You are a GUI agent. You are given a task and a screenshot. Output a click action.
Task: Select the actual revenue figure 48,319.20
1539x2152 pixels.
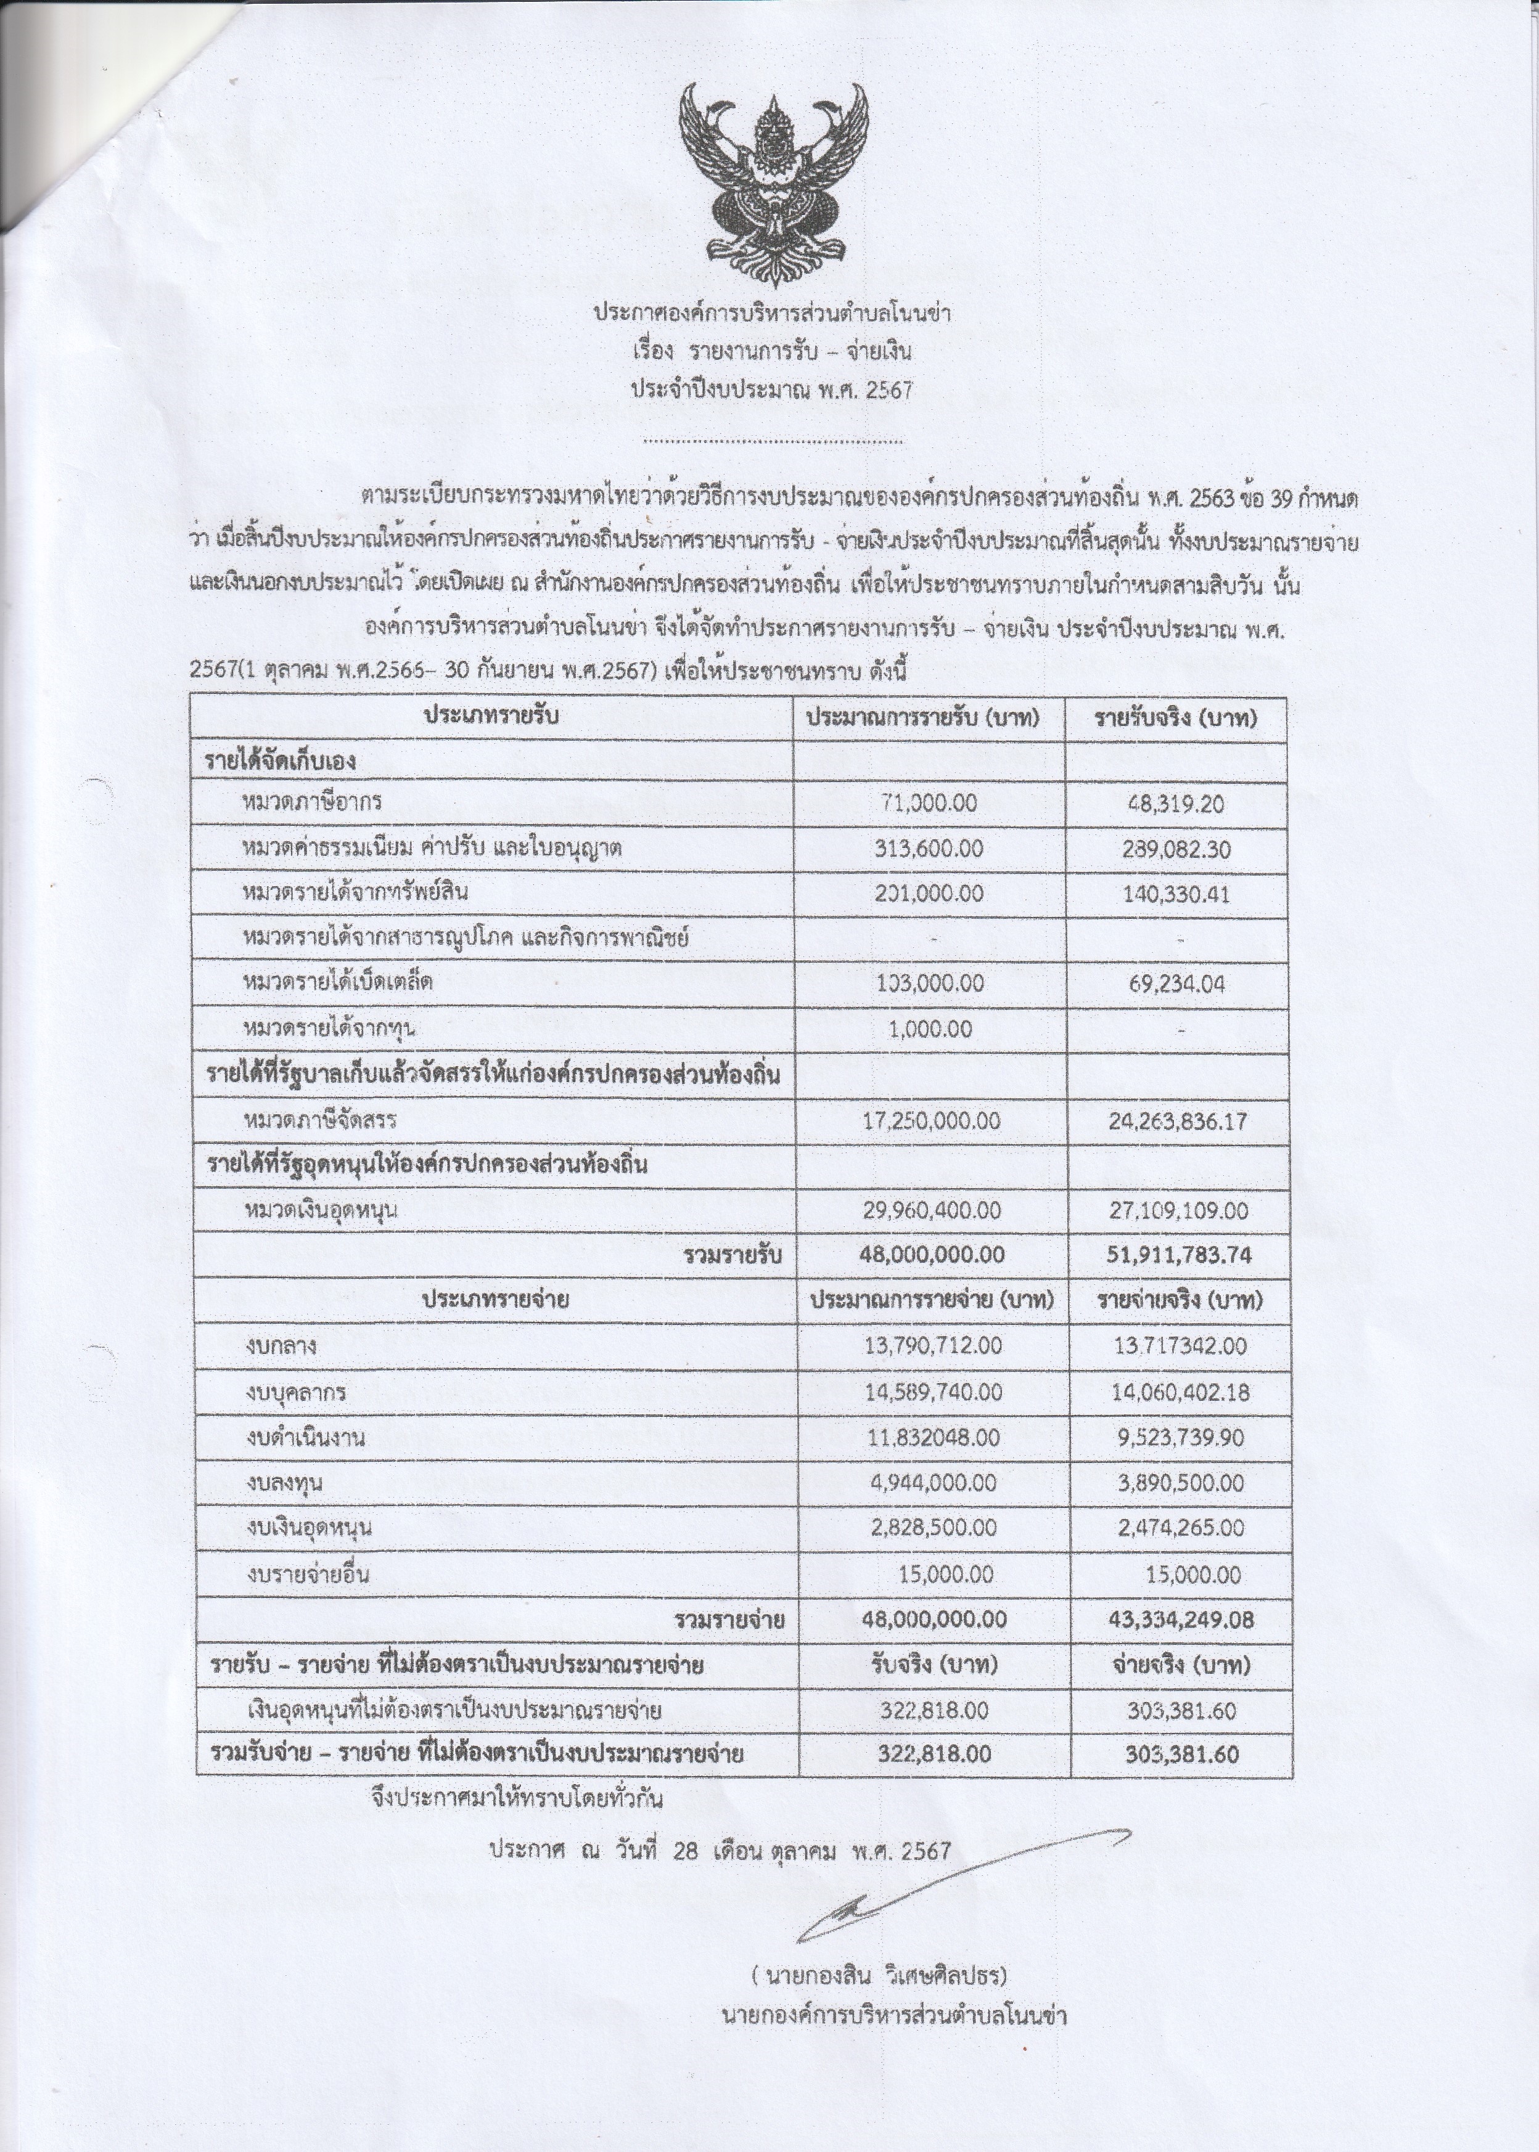(1175, 804)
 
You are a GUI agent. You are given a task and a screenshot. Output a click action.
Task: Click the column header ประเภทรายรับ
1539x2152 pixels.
(491, 717)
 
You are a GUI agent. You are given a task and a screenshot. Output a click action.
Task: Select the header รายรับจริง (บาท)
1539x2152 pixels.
(1175, 718)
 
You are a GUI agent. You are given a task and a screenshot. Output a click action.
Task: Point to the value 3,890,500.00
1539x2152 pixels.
(1177, 1483)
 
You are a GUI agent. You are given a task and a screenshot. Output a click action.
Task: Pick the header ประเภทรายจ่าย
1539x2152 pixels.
(495, 1300)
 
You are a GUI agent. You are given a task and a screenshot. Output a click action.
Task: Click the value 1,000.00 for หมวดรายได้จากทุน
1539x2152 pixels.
(930, 1030)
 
